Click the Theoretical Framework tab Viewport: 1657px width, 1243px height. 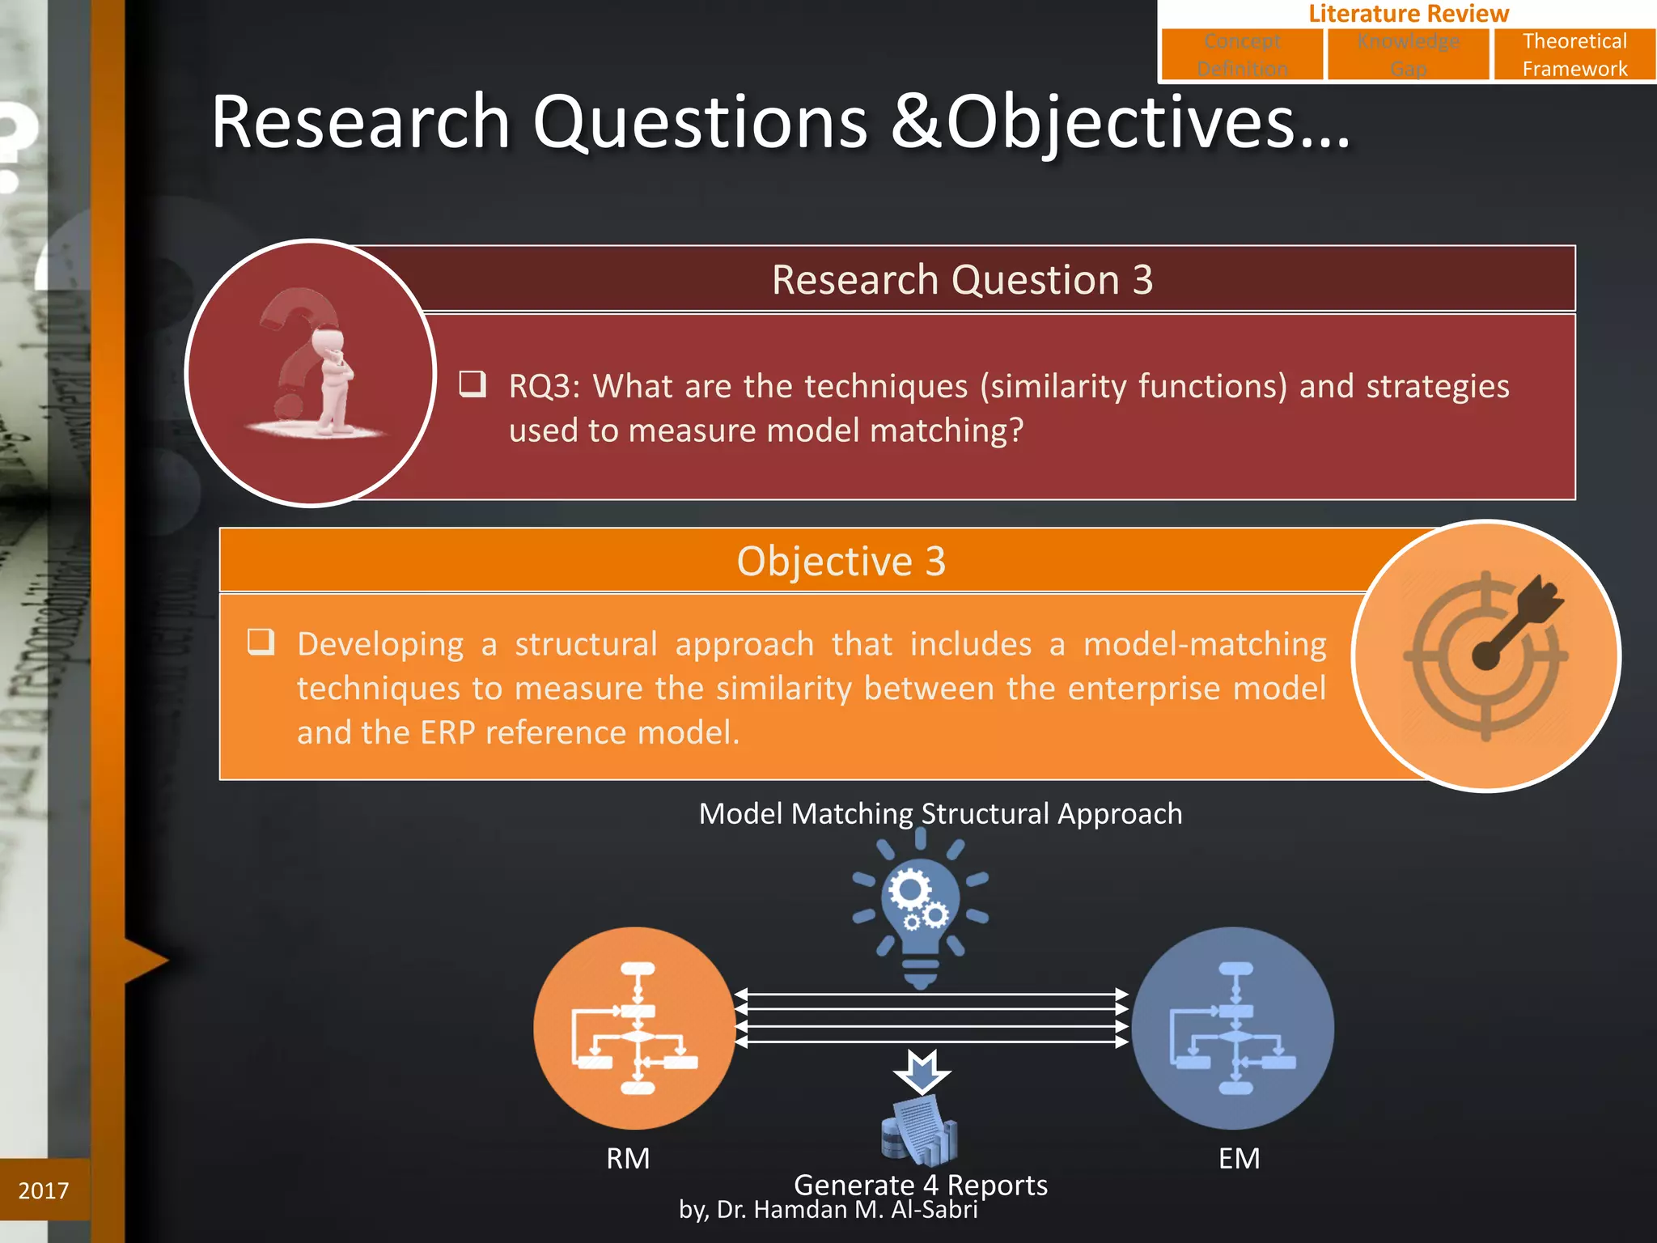1574,54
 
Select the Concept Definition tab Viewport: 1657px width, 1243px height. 1242,54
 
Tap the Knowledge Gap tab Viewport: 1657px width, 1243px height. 1408,54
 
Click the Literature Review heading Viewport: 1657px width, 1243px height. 1408,13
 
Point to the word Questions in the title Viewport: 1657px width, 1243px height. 700,123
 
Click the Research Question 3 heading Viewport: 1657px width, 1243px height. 961,280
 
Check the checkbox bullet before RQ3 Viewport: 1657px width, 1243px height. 473,384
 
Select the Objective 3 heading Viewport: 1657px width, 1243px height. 841,561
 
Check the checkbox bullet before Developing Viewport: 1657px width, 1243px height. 261,642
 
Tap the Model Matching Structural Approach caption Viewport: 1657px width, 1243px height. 940,813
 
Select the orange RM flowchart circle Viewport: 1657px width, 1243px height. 634,1028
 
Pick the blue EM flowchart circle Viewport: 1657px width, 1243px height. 1233,1028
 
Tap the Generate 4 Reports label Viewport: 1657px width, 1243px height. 920,1185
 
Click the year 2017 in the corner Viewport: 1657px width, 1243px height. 44,1190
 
